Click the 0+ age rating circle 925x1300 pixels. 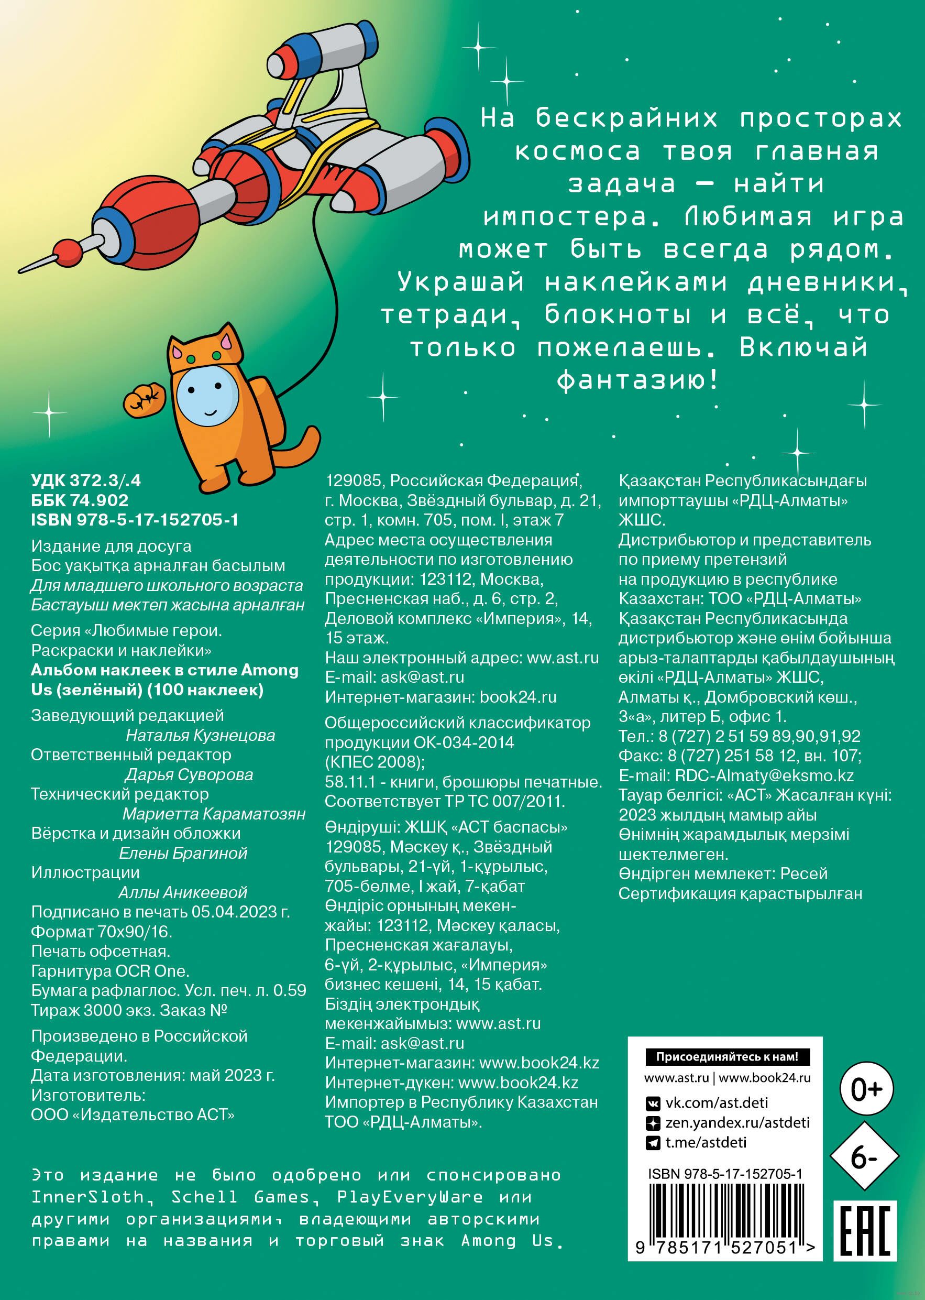[x=866, y=1089]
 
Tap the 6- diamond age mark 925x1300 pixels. [x=864, y=1156]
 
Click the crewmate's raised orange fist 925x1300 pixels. [x=144, y=399]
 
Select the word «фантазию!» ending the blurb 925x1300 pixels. [x=638, y=380]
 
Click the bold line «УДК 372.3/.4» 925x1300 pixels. [x=86, y=481]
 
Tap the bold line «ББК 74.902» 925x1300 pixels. [x=80, y=500]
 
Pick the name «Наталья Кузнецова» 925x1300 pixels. [x=200, y=736]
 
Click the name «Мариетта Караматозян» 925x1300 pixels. [x=214, y=814]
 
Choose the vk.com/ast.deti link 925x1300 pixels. [x=716, y=1103]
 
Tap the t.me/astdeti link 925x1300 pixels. [x=706, y=1142]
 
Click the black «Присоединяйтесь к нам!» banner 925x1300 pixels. [x=728, y=1057]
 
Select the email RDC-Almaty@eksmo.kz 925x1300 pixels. [x=764, y=775]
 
